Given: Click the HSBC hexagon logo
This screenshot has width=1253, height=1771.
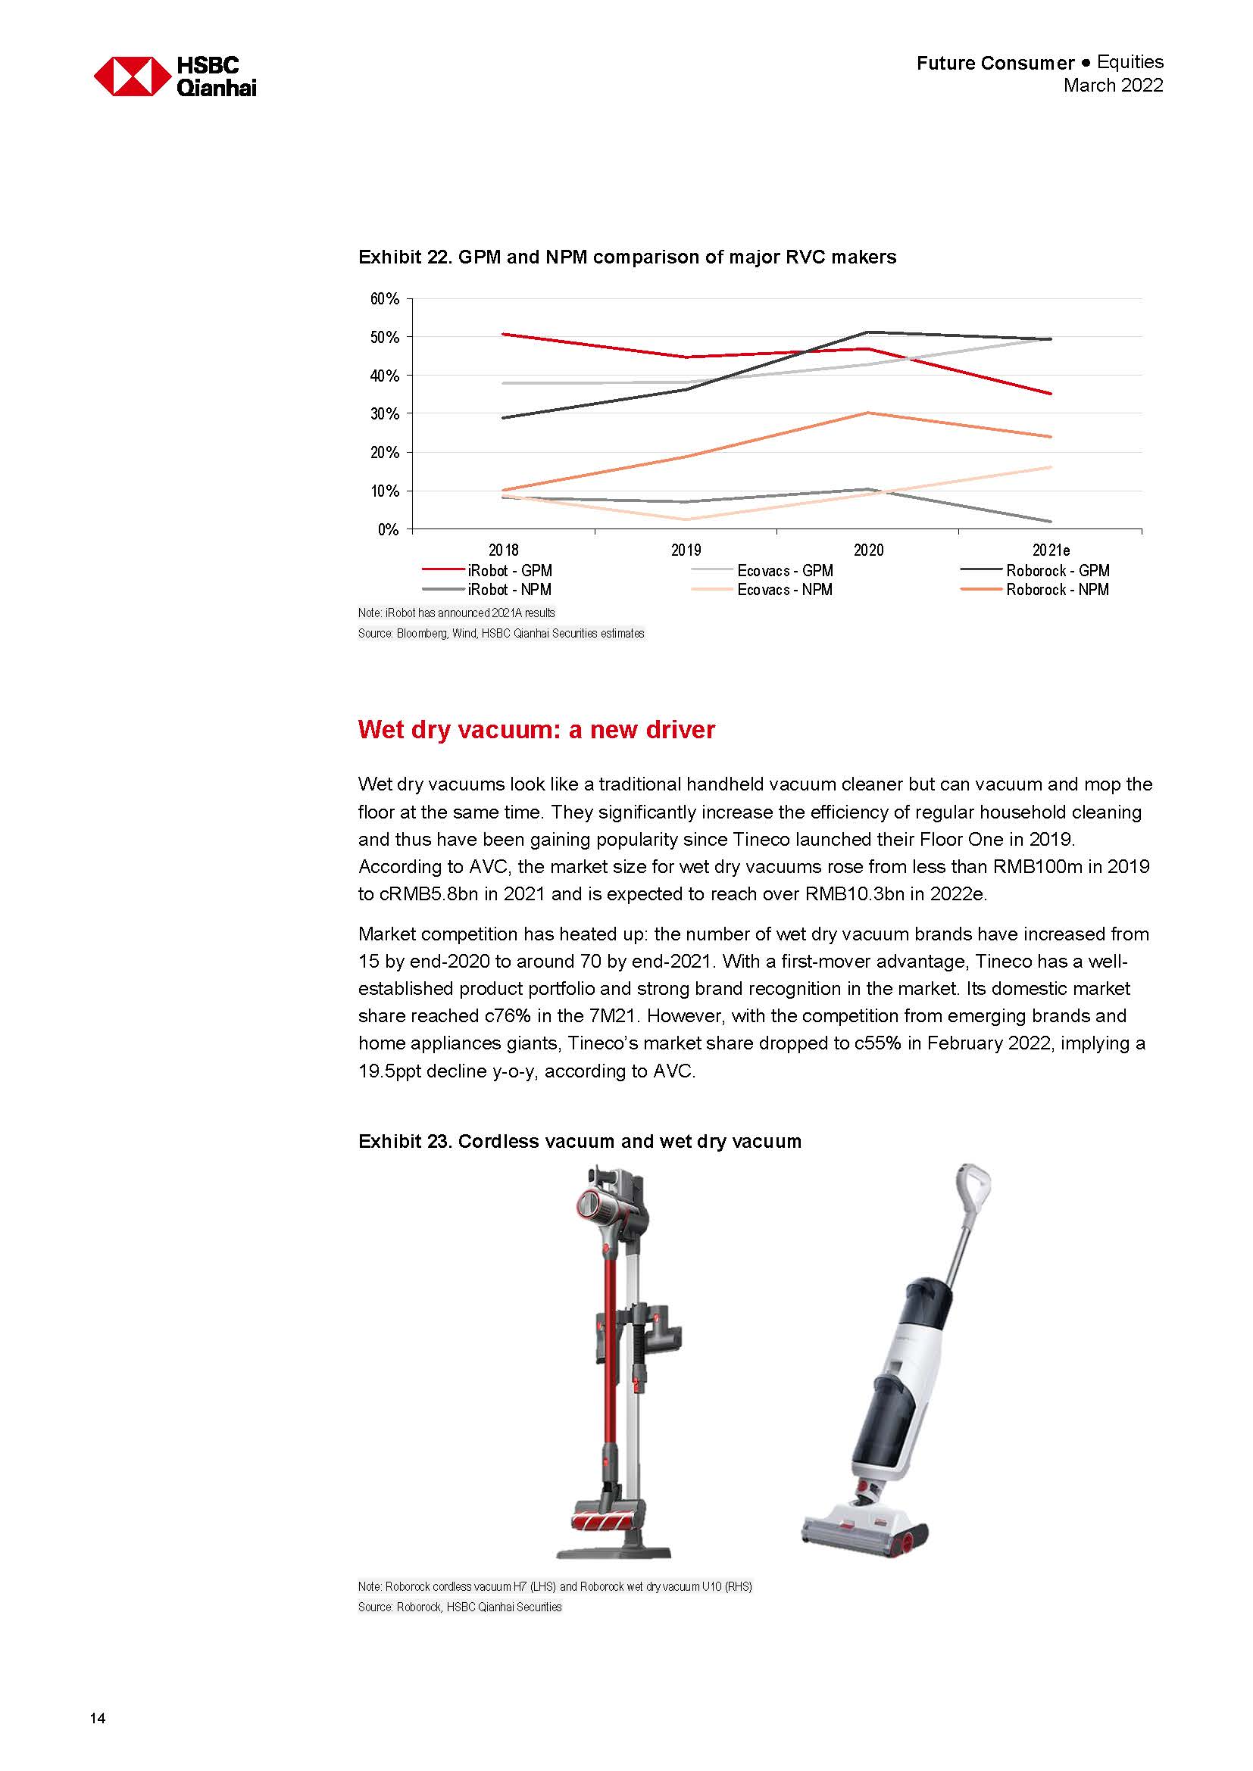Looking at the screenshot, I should (132, 76).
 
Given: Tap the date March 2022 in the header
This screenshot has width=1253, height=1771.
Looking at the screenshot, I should (1113, 86).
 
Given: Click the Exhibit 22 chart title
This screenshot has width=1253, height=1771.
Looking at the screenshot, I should (626, 257).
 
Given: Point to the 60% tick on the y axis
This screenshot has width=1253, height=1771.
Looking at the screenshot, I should (384, 299).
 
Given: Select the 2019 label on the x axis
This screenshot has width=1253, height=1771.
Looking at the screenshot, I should (686, 550).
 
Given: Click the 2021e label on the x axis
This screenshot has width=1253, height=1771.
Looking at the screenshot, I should (1051, 550).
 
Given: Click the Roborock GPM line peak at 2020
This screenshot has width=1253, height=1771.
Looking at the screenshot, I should (869, 332).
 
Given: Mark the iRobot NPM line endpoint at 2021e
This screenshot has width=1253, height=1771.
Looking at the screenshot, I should (1050, 522).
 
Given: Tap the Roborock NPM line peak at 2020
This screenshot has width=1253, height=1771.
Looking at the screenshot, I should (869, 413).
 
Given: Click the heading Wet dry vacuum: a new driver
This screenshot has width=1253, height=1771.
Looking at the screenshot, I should (536, 729).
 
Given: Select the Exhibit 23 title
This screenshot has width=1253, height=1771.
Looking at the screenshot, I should (580, 1141).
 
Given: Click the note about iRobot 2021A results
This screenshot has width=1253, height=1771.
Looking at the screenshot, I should (456, 613).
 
